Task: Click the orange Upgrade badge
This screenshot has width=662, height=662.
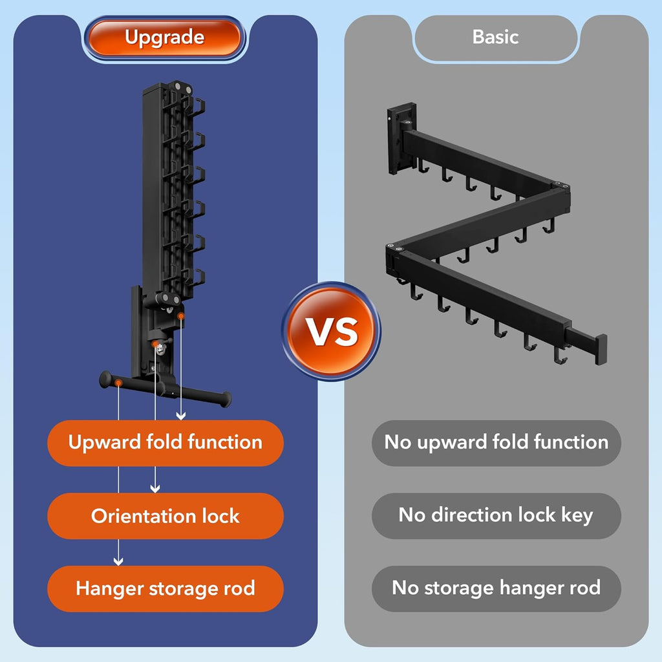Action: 165,37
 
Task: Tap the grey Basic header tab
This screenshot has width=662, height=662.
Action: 496,37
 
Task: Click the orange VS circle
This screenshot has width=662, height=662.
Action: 332,331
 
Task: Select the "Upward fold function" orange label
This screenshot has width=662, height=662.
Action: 165,443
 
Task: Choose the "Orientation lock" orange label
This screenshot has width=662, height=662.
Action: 165,516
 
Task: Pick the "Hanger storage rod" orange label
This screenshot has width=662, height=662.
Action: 165,588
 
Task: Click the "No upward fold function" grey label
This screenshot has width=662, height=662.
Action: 496,443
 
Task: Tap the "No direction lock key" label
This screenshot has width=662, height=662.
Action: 496,516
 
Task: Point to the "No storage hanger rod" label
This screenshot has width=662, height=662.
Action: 496,588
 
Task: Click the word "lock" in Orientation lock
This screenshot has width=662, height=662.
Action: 220,516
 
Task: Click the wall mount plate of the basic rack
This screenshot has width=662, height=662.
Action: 401,138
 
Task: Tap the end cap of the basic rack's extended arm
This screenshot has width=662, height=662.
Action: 601,350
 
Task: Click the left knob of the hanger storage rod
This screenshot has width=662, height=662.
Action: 105,379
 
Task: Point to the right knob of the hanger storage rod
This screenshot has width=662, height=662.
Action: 226,399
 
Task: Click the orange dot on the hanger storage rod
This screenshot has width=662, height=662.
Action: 119,383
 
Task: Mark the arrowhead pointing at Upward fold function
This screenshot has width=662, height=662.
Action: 181,416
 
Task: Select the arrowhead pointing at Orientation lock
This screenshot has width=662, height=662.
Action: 155,489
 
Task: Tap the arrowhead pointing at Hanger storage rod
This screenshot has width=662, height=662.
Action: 118,562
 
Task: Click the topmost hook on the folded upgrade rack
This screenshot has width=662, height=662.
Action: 198,105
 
